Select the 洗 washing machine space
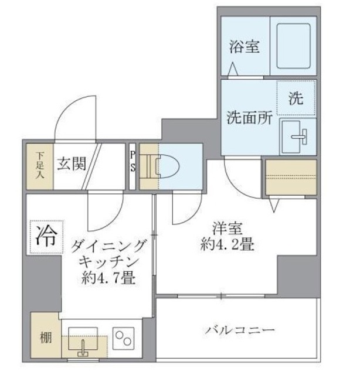[x=297, y=98]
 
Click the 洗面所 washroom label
[x=249, y=117]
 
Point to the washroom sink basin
[x=298, y=135]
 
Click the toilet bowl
[x=166, y=166]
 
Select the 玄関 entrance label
[x=72, y=163]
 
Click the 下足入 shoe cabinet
[x=40, y=164]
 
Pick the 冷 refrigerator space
[x=44, y=237]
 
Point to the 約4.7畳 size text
[x=108, y=277]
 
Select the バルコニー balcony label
[x=240, y=329]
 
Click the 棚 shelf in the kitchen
[x=45, y=338]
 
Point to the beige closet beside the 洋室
[x=290, y=177]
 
